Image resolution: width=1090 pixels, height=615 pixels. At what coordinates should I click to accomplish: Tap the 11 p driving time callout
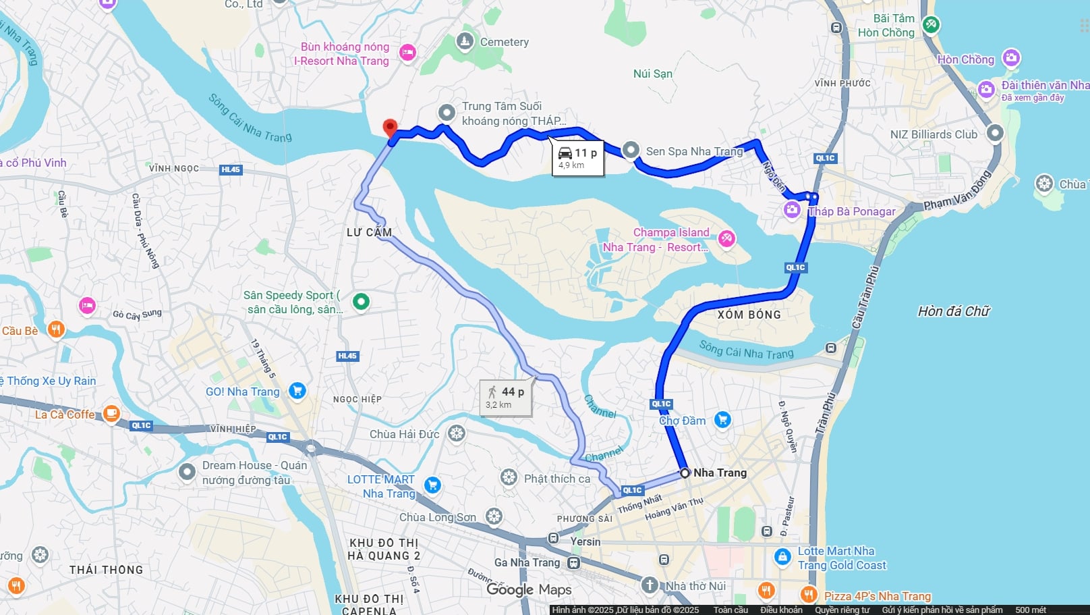click(x=577, y=158)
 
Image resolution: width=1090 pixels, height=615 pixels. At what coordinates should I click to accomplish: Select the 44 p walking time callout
click(x=505, y=397)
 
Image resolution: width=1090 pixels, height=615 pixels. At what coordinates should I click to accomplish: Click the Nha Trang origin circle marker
click(x=685, y=473)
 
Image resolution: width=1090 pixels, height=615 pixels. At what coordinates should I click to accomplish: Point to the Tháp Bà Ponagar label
click(x=852, y=211)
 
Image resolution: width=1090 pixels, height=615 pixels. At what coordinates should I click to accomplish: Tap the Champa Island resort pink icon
click(x=726, y=238)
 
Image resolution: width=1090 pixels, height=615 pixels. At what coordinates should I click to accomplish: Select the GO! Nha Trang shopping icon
click(x=297, y=391)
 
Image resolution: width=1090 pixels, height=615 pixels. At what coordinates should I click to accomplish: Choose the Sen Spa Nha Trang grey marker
click(x=630, y=150)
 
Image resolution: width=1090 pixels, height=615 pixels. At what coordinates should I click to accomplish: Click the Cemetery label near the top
click(x=504, y=42)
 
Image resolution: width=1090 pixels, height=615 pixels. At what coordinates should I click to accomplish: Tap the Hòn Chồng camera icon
click(x=1010, y=58)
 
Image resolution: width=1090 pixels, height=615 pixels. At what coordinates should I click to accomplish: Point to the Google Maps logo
click(x=529, y=589)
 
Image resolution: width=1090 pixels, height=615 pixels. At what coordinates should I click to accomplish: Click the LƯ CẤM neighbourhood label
click(x=369, y=232)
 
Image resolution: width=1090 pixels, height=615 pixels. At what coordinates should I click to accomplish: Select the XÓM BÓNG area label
click(x=749, y=315)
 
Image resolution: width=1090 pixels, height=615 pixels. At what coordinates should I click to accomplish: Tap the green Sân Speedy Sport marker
click(x=361, y=301)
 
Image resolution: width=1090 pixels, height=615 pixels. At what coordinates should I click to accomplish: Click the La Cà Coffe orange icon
click(x=111, y=414)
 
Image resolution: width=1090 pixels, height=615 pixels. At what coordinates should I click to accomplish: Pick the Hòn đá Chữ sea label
click(x=953, y=311)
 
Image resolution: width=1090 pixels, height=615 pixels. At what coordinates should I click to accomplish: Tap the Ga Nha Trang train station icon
click(x=573, y=562)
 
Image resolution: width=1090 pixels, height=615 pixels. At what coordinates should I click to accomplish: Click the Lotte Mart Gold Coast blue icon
click(x=782, y=557)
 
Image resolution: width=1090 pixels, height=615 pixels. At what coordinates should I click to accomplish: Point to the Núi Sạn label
click(x=652, y=74)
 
